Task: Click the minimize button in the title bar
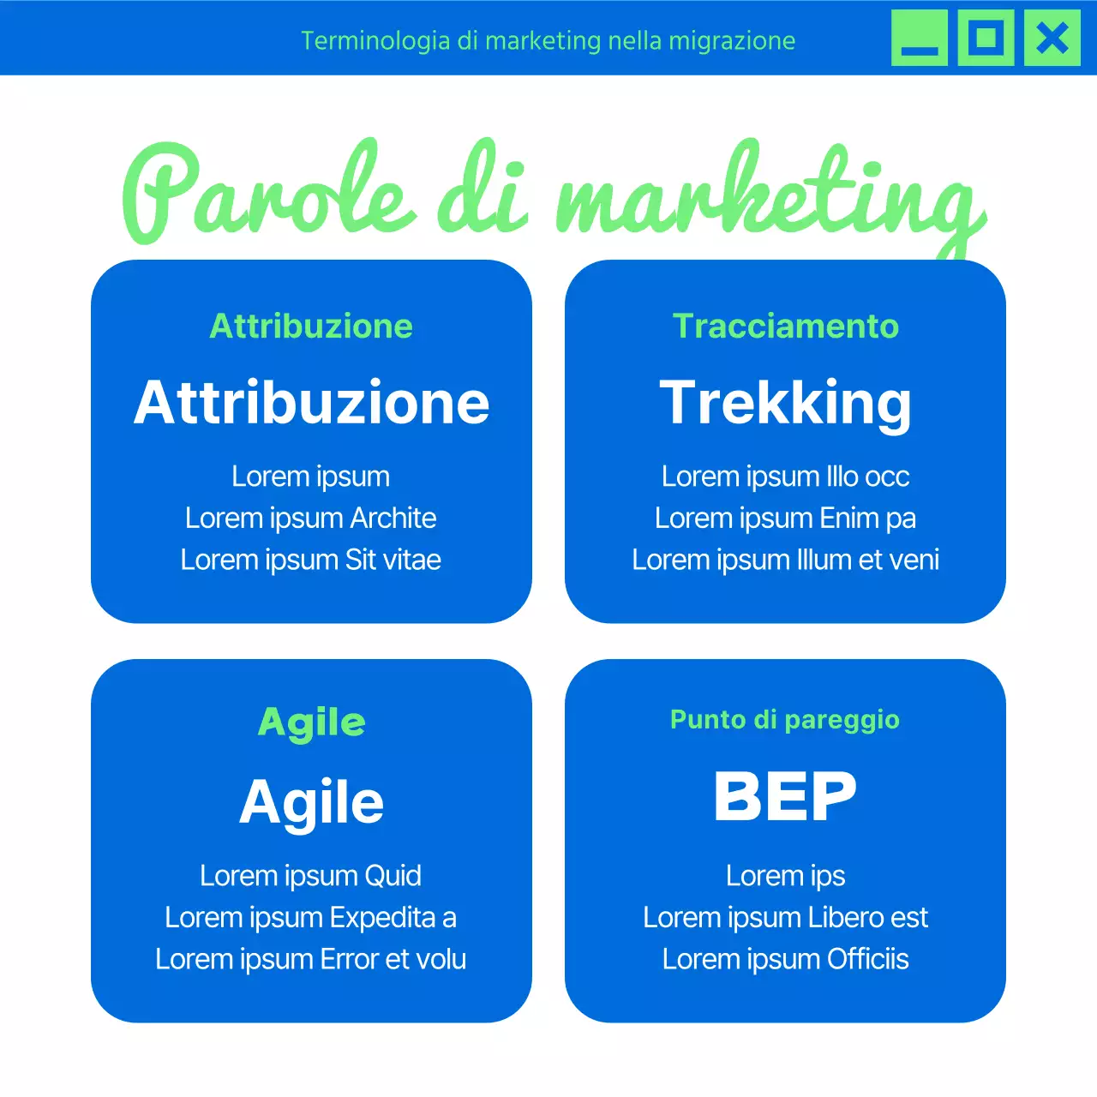click(920, 39)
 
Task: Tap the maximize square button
click(986, 39)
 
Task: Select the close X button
click(1052, 39)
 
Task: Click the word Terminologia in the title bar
click(375, 41)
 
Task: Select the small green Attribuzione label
click(311, 327)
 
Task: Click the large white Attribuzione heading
click(311, 402)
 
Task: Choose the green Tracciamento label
click(785, 327)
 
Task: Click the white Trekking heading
click(785, 402)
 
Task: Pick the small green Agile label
click(311, 722)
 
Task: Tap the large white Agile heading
click(311, 802)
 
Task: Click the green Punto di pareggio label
click(785, 720)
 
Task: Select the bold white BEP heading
click(785, 796)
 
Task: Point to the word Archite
click(393, 519)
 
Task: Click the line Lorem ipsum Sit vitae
click(311, 560)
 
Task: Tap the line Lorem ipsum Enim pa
click(785, 519)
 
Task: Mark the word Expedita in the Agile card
click(382, 918)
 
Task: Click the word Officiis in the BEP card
click(867, 960)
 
